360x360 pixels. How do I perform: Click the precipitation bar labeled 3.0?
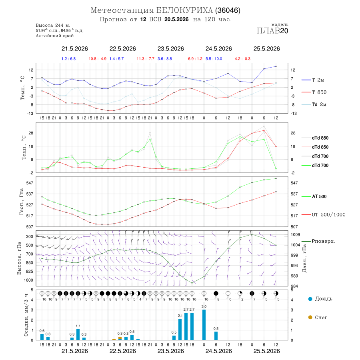204,325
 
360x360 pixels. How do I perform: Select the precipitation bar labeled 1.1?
78,334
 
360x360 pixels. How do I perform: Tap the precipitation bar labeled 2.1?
180,330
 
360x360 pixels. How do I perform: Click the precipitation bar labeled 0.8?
216,336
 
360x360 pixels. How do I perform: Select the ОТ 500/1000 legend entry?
324,215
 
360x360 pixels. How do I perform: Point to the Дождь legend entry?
320,299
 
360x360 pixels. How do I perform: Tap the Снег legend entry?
318,317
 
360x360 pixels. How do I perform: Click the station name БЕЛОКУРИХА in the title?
184,10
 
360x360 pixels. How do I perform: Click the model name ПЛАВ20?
272,31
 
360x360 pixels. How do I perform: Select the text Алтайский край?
55,36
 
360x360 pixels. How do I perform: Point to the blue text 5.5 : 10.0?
214,59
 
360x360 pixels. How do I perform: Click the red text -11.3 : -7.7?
145,59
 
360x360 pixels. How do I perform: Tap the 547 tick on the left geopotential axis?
30,183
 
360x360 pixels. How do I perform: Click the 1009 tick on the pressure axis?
296,235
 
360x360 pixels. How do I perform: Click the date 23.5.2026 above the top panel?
170,49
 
